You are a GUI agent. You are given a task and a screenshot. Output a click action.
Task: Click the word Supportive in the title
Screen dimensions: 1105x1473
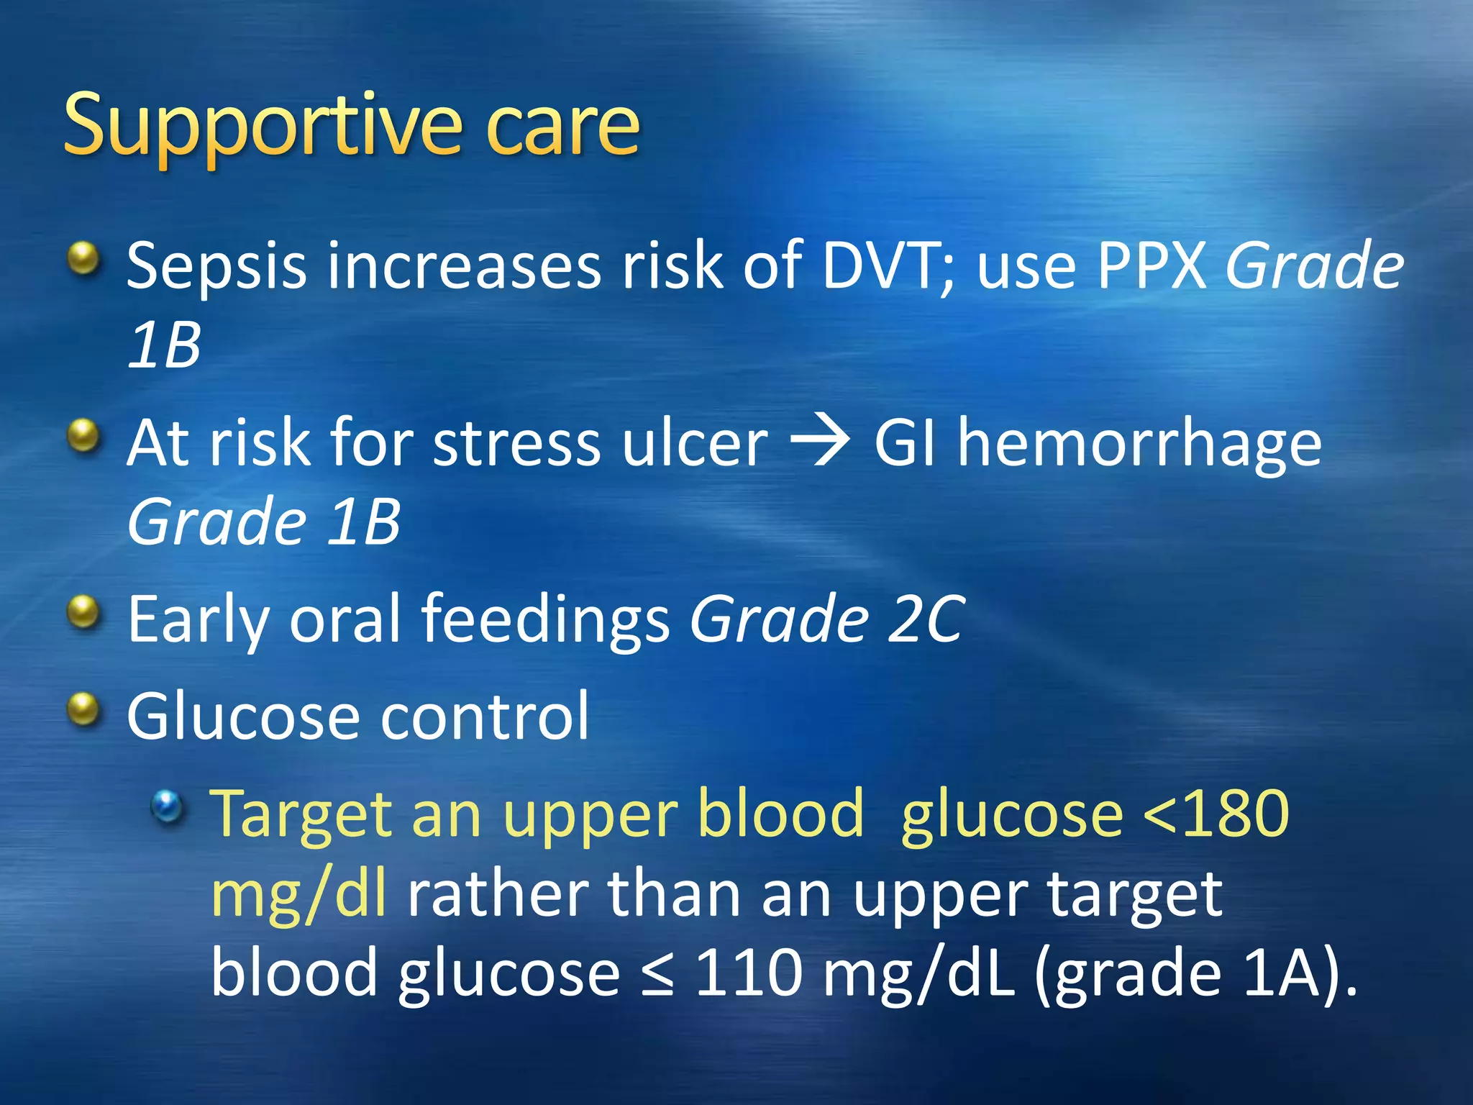point(263,126)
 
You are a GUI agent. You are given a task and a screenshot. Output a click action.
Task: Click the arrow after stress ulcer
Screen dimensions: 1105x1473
point(820,442)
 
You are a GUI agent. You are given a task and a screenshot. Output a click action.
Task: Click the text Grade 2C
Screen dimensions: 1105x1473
point(827,619)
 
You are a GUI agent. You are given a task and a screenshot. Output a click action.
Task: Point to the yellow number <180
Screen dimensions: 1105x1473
point(1216,814)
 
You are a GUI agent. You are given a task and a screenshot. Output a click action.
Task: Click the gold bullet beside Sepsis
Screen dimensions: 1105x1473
point(84,258)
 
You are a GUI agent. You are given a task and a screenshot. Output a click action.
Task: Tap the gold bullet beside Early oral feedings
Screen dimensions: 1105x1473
point(84,612)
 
